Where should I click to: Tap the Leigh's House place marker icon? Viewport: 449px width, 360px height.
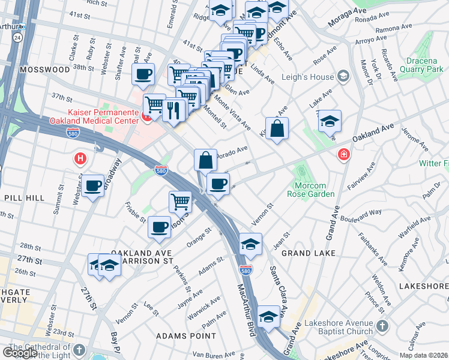pos(343,76)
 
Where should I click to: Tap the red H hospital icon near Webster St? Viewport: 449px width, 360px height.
pos(79,159)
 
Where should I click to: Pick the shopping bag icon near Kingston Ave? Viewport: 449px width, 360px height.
pos(277,129)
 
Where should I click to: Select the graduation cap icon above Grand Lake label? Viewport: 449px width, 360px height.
pos(250,244)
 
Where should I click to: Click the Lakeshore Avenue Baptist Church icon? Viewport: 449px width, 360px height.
pos(382,328)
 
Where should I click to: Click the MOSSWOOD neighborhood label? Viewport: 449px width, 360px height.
pos(44,70)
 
